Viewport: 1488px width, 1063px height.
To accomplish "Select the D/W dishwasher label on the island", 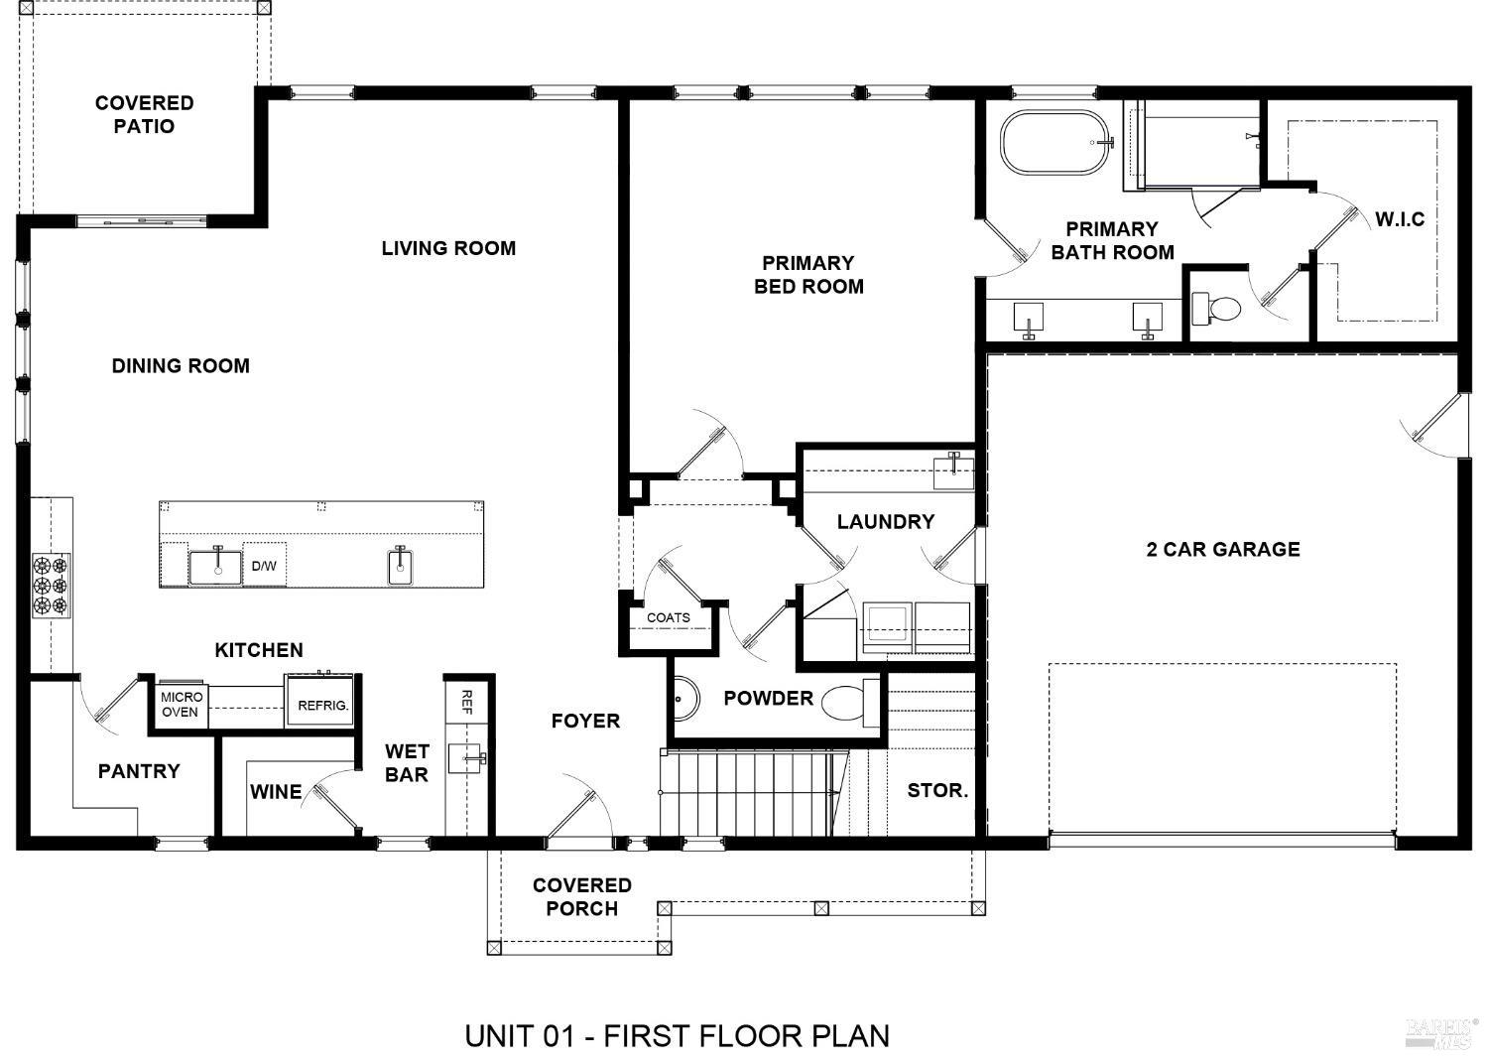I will coord(264,566).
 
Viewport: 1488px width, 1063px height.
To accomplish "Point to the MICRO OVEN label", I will coord(181,705).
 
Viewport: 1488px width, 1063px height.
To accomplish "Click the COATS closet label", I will coord(668,617).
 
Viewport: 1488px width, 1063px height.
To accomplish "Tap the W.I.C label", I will coord(1400,219).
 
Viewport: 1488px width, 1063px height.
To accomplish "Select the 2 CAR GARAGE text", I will coord(1222,549).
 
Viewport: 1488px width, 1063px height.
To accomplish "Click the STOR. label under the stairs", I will coord(937,790).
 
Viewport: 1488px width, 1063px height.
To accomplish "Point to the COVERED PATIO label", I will coord(144,114).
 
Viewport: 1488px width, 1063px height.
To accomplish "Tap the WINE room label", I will coord(276,792).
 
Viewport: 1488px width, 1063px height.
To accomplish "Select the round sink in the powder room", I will coord(683,698).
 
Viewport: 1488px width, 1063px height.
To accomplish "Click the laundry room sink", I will coord(953,471).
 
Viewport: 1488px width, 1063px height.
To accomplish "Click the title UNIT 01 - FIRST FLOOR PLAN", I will coord(677,1036).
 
